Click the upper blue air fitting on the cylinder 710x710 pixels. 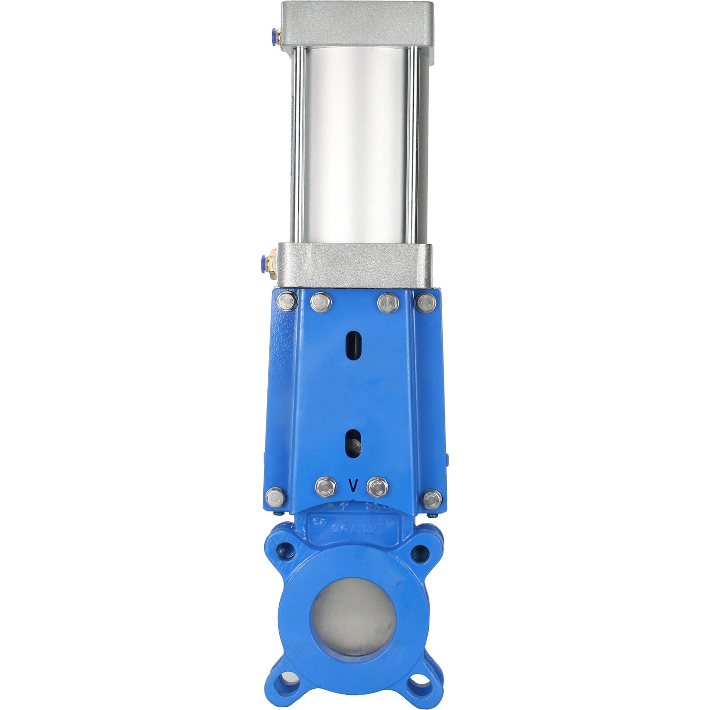coord(273,34)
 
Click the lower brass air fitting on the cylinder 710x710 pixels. coord(271,260)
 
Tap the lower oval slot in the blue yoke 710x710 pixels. coord(353,444)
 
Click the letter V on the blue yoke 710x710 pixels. coord(353,486)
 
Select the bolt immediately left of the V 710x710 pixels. coord(326,487)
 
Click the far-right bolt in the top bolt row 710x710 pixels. coord(426,302)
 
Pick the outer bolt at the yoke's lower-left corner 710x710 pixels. coord(275,497)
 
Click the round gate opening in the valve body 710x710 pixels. coord(353,618)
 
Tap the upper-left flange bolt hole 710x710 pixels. coord(286,550)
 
